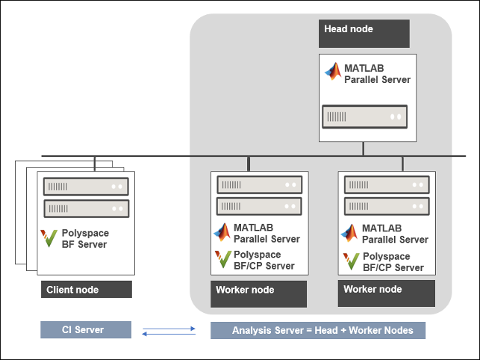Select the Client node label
tap(86, 290)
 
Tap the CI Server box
tap(86, 329)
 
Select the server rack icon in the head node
tap(364, 117)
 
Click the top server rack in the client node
tap(86, 186)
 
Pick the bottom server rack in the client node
tap(86, 208)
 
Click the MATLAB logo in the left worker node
tap(223, 232)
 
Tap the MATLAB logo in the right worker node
tap(351, 232)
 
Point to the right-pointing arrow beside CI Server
tap(170, 326)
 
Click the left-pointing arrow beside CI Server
tap(170, 334)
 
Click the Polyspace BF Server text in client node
tap(85, 239)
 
